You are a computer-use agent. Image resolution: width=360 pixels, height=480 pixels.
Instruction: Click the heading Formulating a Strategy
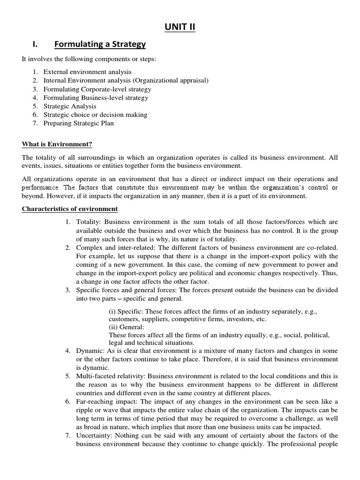100,45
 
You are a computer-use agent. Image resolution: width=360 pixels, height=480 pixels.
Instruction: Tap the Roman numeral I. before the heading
34,45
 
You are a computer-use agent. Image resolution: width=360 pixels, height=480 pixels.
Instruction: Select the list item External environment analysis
88,72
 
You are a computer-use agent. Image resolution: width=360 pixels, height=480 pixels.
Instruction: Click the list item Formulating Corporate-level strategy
97,89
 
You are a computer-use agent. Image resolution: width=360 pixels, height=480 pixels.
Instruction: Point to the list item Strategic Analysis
70,106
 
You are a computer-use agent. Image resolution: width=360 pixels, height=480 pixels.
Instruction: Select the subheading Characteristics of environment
70,209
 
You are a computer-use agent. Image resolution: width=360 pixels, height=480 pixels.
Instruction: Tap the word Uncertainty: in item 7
94,436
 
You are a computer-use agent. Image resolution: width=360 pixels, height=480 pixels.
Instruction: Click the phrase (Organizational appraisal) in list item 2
171,81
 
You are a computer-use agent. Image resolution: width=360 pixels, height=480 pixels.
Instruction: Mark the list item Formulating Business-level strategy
96,97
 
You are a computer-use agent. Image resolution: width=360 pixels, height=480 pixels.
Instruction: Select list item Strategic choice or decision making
95,114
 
